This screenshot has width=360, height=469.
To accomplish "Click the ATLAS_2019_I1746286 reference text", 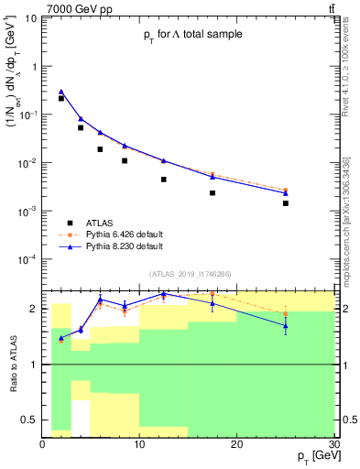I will [191, 273].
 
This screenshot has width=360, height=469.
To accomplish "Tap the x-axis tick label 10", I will [139, 445].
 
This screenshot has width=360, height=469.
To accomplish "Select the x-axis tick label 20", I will [236, 445].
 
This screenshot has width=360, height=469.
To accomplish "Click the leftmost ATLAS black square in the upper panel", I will [61, 98].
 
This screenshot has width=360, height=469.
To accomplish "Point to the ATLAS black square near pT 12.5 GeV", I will [164, 180].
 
